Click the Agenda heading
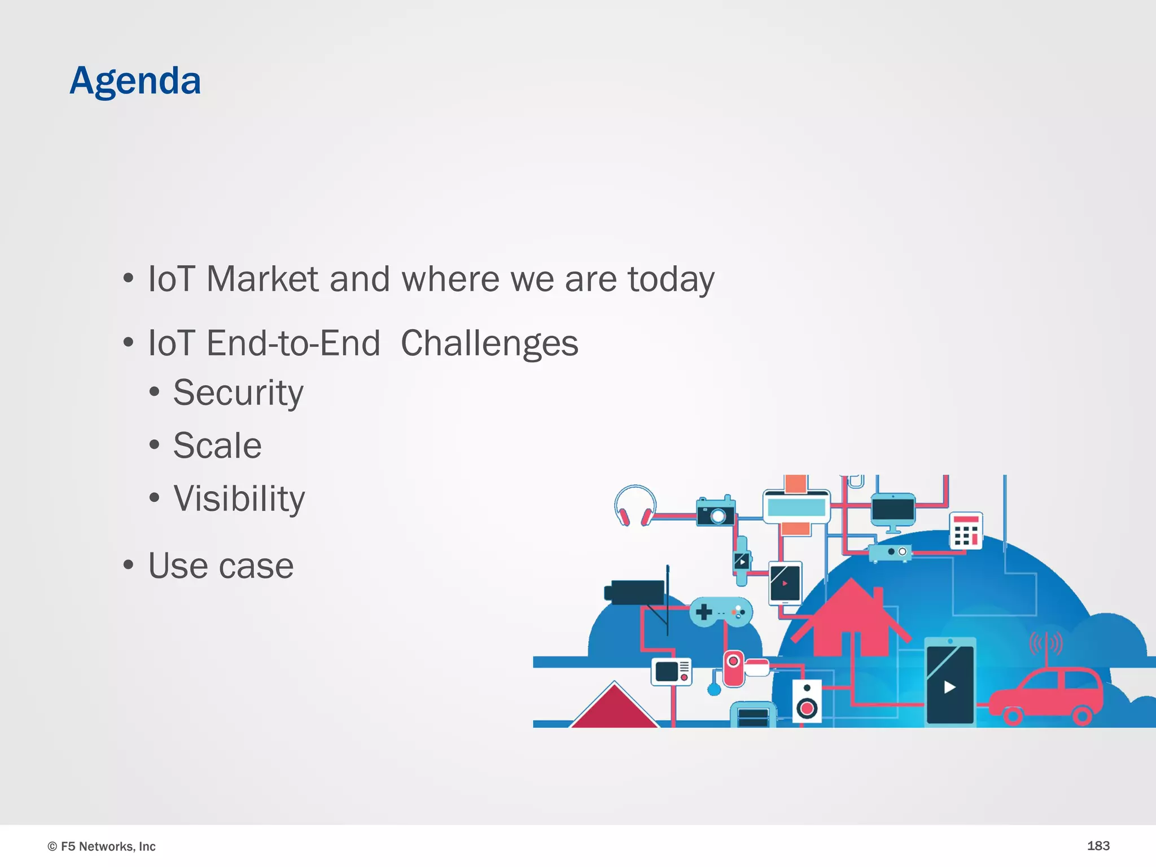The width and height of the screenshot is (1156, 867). (x=135, y=81)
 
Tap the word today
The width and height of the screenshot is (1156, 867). (x=671, y=280)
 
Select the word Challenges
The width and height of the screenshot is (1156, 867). (x=489, y=344)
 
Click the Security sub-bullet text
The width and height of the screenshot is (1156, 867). (x=238, y=393)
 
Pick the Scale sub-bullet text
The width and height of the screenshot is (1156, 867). (x=217, y=446)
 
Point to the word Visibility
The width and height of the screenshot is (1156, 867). (x=239, y=499)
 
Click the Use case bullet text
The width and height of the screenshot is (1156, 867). (x=221, y=566)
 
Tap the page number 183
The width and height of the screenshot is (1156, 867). (x=1098, y=846)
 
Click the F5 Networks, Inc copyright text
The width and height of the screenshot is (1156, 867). (x=102, y=846)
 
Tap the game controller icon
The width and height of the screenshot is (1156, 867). (x=721, y=612)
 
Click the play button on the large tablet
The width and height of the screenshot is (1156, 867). (x=949, y=687)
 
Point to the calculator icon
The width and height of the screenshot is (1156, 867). (x=966, y=531)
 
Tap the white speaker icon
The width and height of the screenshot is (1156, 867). (x=807, y=702)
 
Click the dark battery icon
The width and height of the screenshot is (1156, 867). (x=635, y=592)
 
